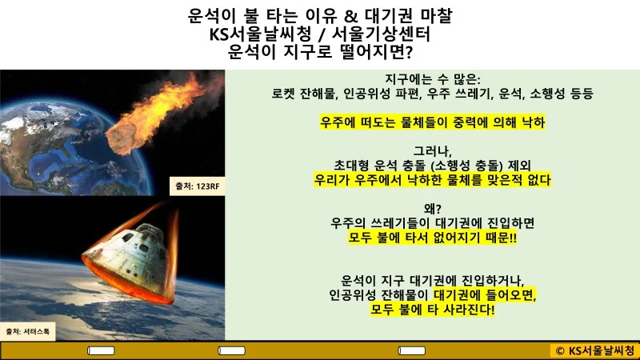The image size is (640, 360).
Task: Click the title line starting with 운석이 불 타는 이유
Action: pos(320,15)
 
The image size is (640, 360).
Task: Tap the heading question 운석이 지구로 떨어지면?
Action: pos(320,54)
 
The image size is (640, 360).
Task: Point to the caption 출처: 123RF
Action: pos(196,186)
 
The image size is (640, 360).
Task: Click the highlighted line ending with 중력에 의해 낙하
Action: pos(432,122)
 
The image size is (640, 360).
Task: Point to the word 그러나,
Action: pos(432,151)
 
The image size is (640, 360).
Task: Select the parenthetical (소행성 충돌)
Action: pos(473,166)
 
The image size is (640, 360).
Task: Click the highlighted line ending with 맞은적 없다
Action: pos(432,181)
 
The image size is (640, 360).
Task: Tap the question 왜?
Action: pos(432,210)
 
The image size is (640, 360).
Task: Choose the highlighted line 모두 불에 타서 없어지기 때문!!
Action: pos(432,238)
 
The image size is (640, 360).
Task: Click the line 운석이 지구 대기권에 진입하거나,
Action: pos(432,281)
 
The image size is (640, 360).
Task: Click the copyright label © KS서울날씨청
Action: pos(593,350)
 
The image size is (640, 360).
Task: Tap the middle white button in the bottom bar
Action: pos(256,350)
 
